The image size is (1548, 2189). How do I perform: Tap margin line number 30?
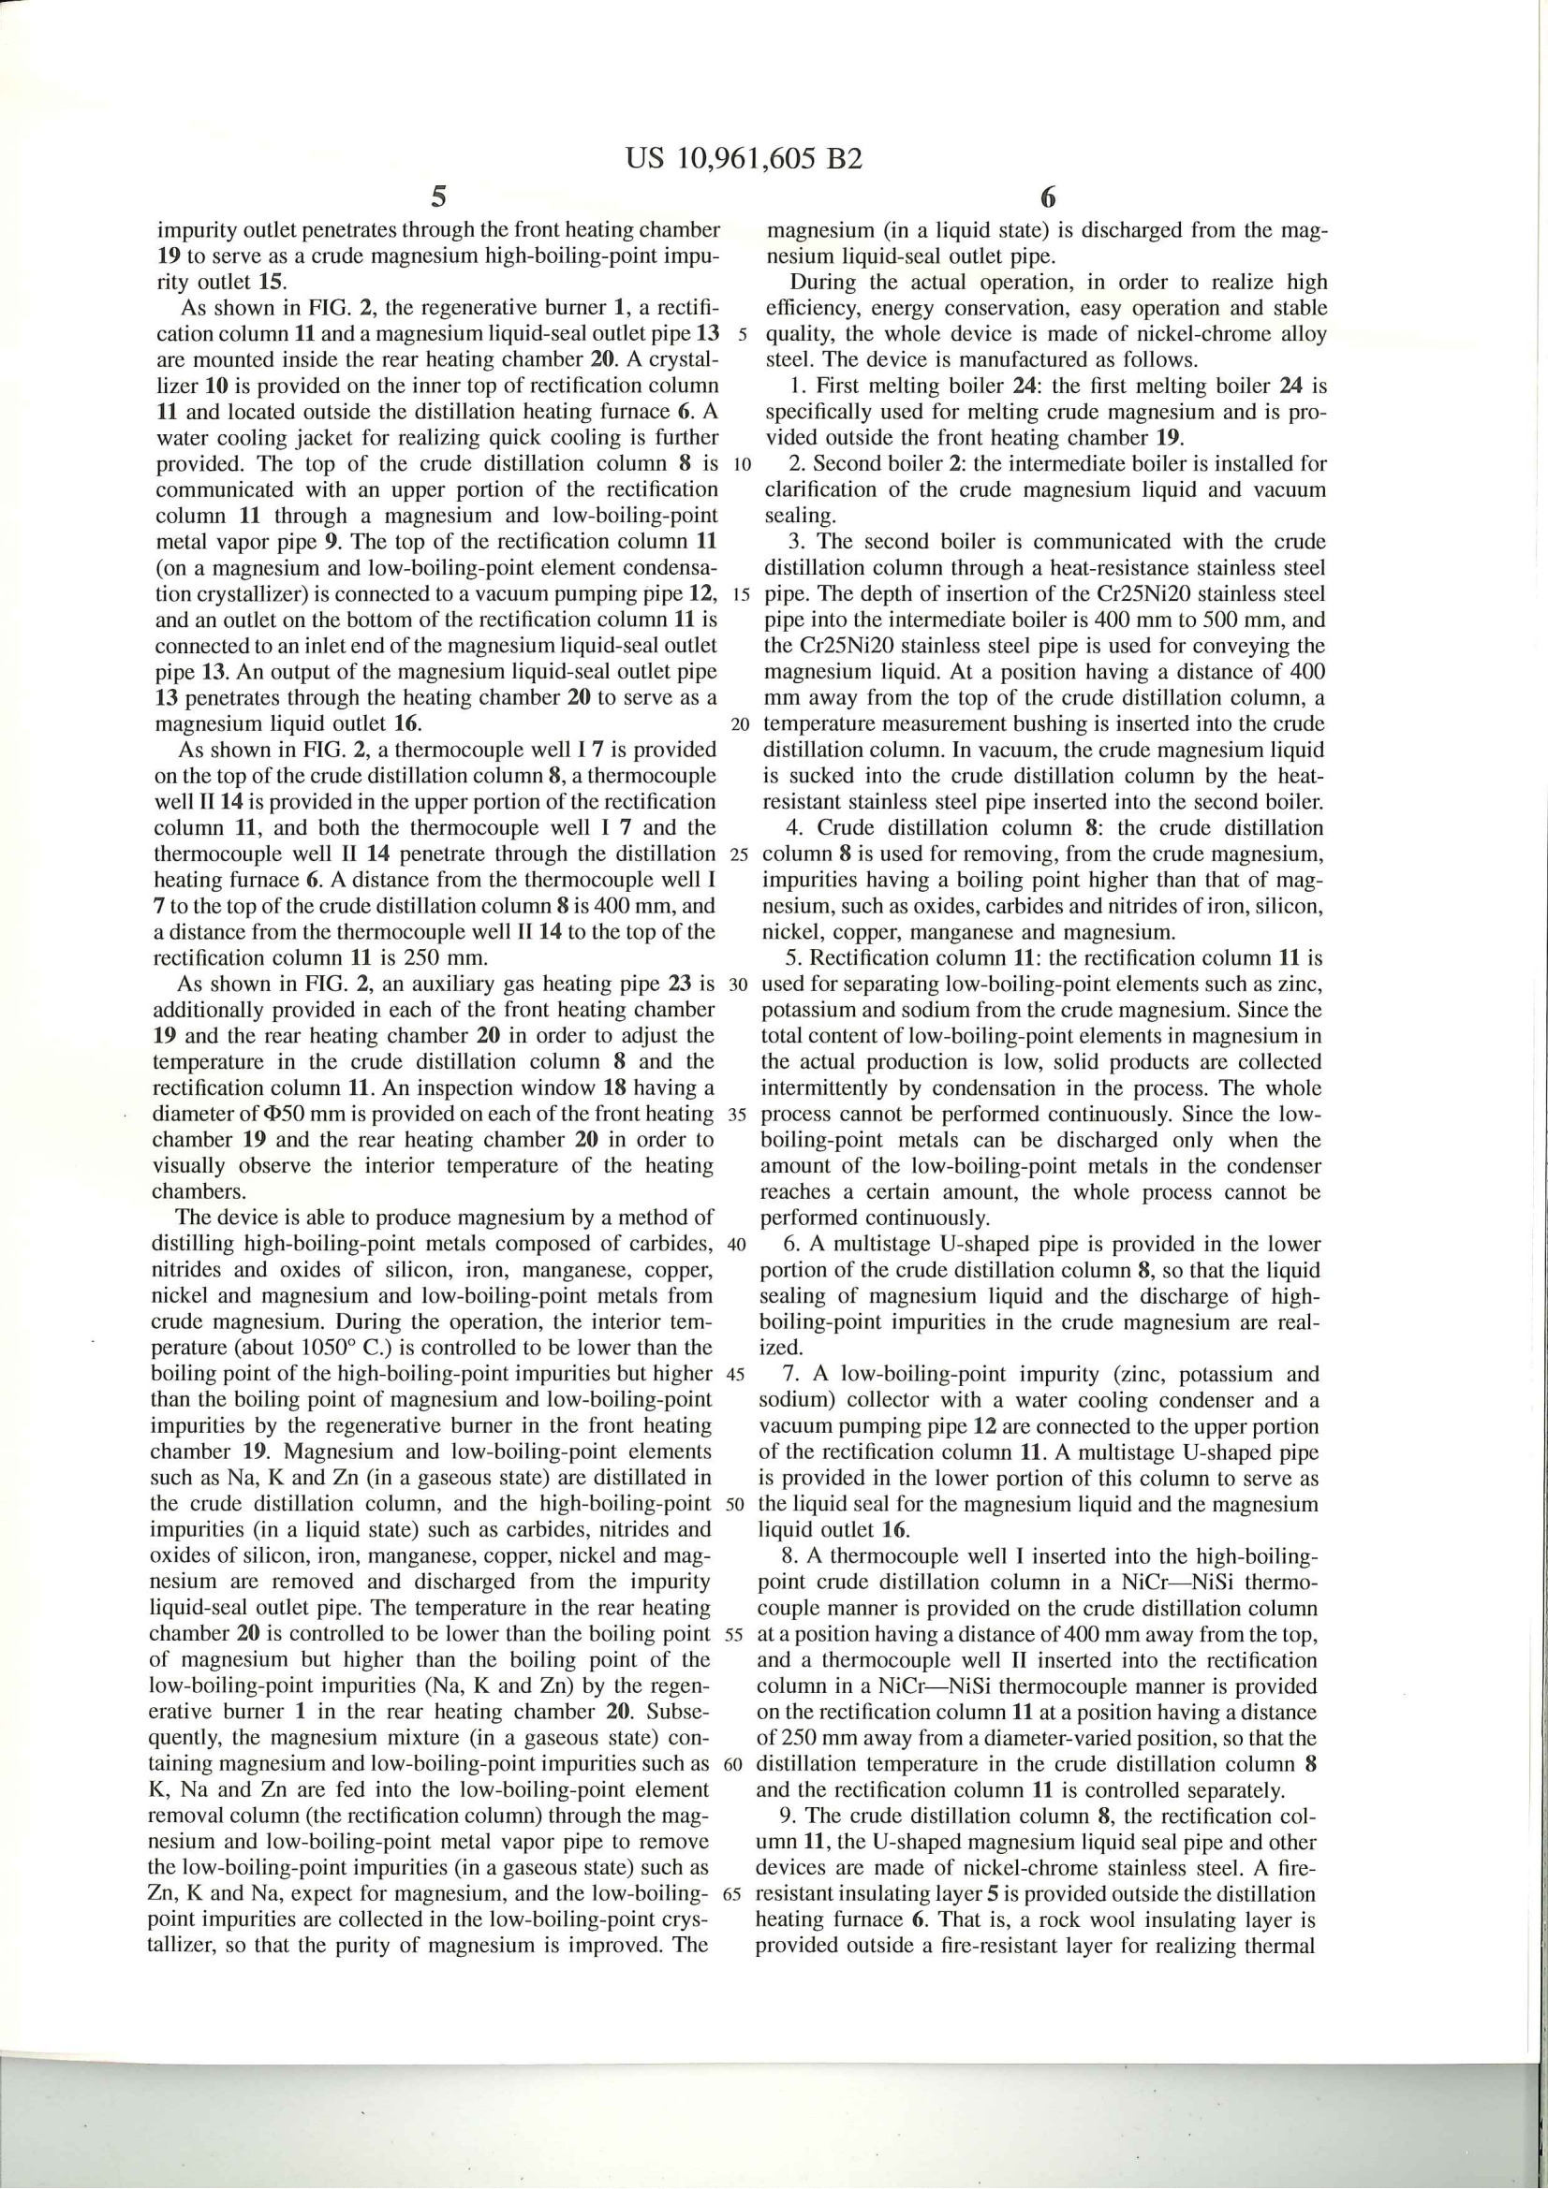[x=736, y=984]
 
